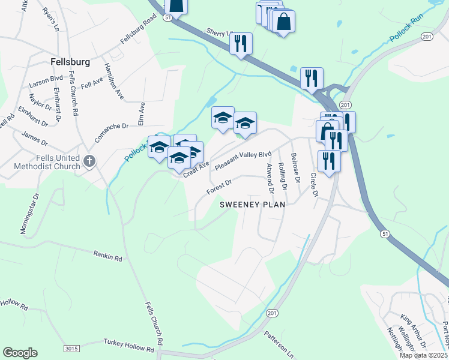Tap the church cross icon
[89, 161]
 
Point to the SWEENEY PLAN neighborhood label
[252, 204]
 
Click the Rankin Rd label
[107, 256]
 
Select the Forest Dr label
[218, 185]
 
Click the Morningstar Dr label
[29, 214]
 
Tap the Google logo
[20, 353]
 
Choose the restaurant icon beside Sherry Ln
[241, 43]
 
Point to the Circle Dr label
[313, 185]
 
